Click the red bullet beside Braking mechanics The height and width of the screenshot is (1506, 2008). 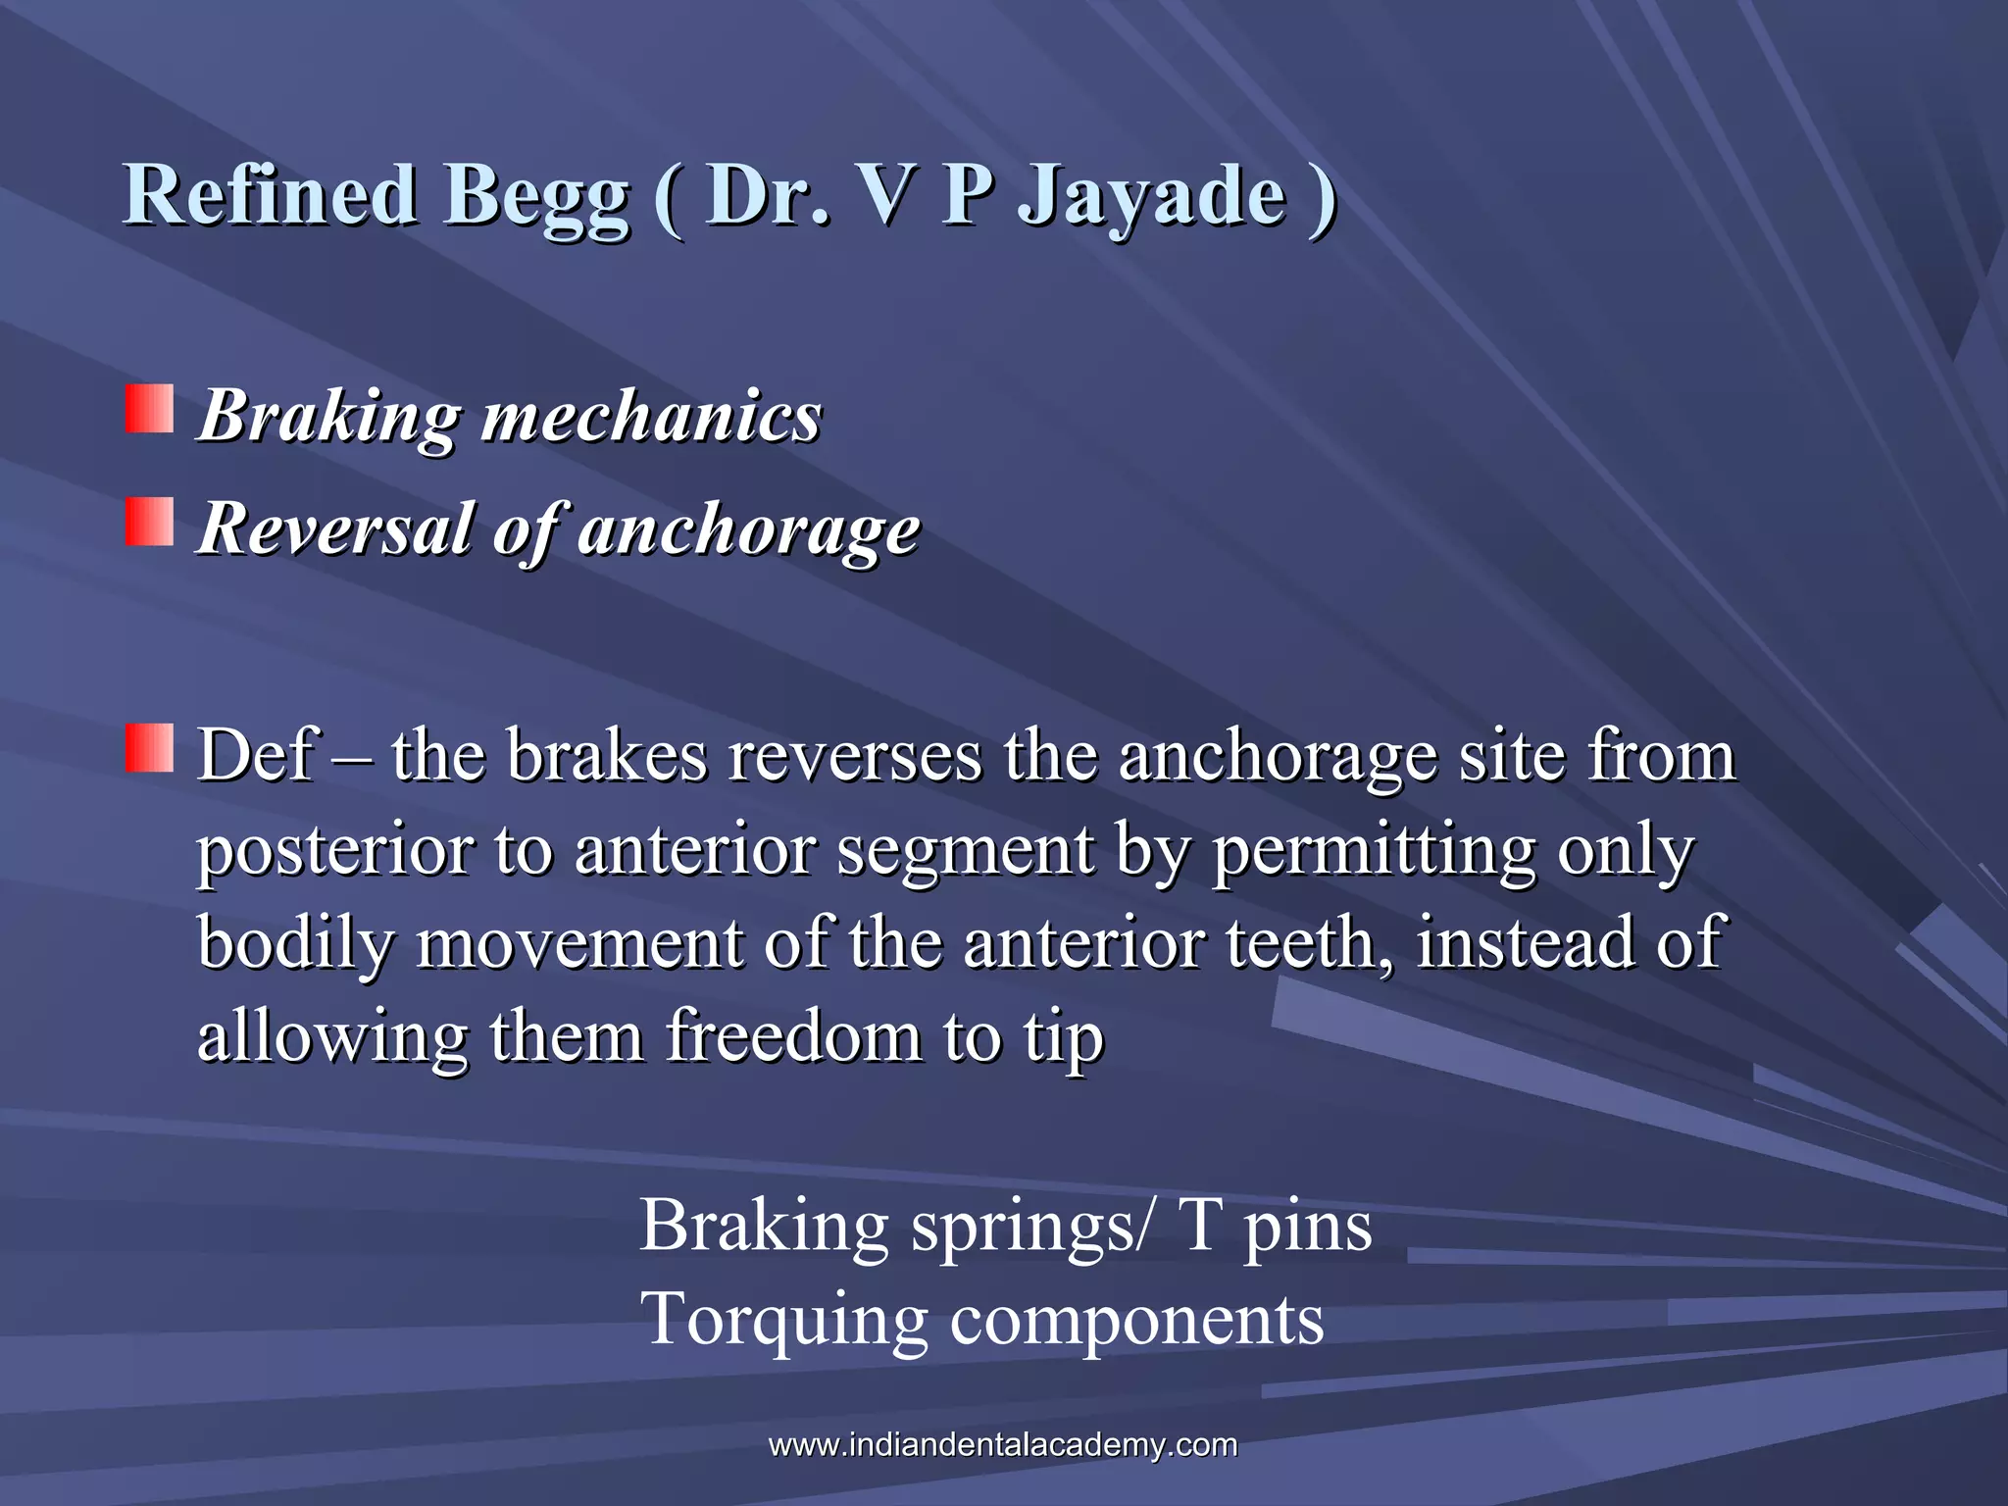(x=149, y=409)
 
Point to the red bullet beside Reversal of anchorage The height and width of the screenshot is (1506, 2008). (x=149, y=521)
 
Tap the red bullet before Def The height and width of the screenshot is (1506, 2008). (x=149, y=748)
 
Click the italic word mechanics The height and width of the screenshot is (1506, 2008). (x=651, y=416)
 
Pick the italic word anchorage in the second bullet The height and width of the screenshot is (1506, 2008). (x=749, y=529)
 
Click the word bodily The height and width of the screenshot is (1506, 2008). (x=294, y=943)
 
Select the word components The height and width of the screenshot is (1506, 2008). (x=1136, y=1320)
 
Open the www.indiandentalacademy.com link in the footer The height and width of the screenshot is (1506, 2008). (x=1003, y=1444)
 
